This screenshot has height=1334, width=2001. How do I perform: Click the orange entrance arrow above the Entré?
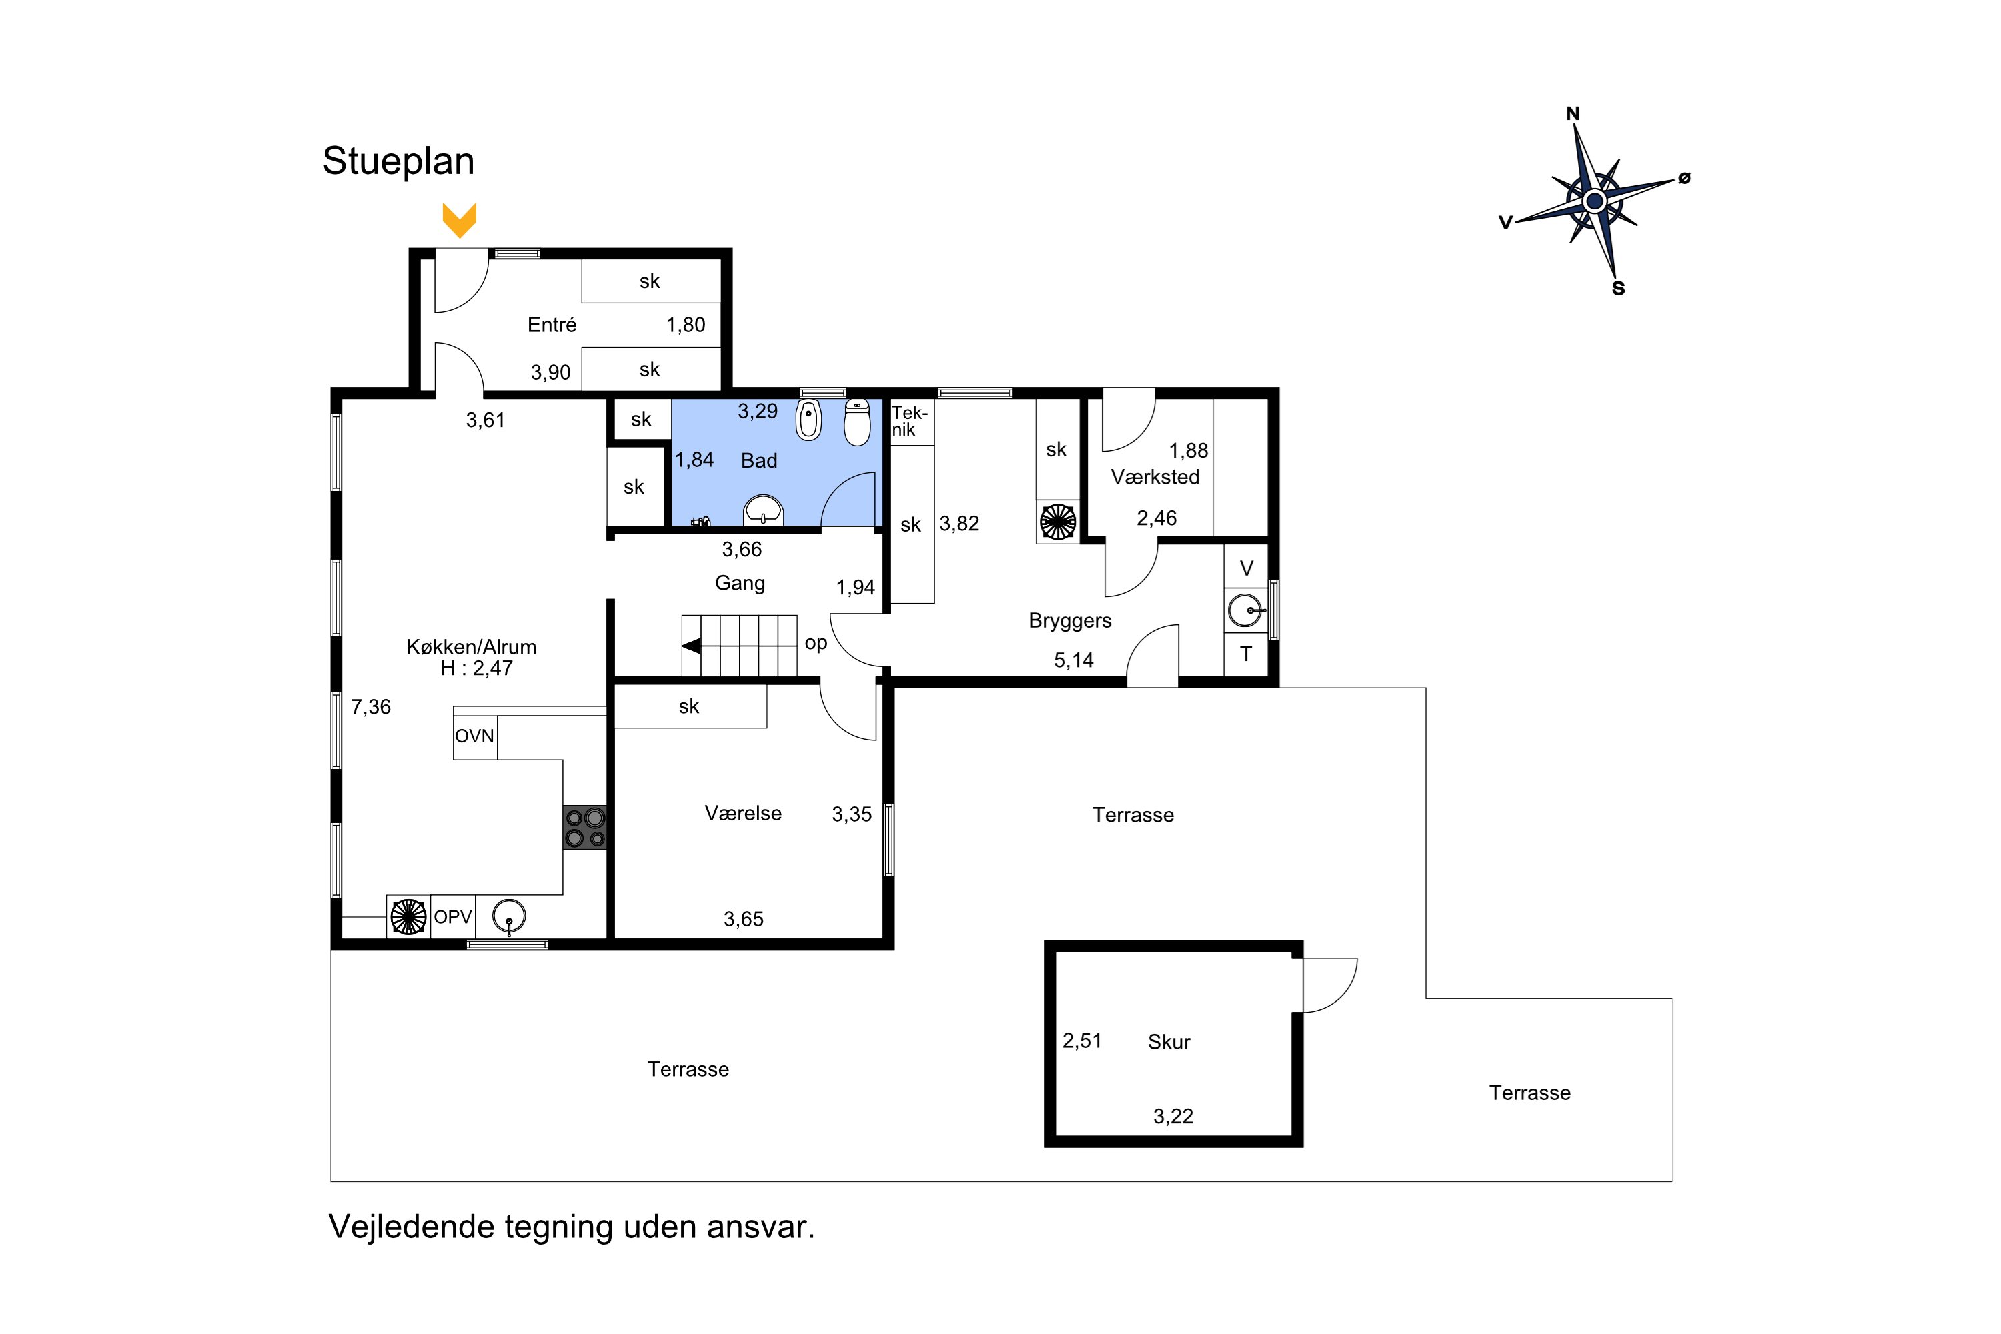(460, 220)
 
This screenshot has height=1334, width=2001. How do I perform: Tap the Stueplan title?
(398, 161)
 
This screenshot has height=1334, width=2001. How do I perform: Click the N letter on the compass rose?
(1573, 114)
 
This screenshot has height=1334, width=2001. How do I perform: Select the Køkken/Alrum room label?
(472, 646)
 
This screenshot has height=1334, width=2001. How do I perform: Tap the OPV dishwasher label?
(453, 917)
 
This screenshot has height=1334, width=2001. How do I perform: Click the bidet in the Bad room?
(808, 419)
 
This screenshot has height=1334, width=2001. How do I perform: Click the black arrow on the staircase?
(692, 646)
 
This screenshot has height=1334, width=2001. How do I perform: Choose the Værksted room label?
(1155, 478)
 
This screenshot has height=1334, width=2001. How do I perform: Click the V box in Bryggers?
(1247, 568)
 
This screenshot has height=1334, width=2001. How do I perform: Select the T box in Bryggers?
(1247, 654)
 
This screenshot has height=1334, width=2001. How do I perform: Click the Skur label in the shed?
(1169, 1042)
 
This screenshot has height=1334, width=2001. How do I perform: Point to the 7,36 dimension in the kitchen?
(371, 707)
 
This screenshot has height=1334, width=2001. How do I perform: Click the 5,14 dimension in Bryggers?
(1074, 660)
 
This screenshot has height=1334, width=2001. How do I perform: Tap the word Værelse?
(743, 813)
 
